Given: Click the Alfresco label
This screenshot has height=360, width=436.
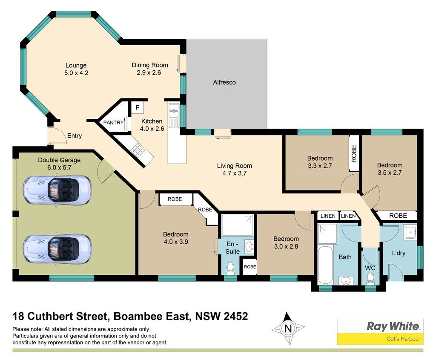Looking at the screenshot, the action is pos(224,82).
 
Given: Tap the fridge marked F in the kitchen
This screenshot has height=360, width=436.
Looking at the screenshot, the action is pos(138,107).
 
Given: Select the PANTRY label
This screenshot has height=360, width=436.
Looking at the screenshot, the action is pos(113,122).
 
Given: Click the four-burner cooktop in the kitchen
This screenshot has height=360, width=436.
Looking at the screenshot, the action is pos(138,150).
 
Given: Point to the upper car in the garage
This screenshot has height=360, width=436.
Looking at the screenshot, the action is pos(57,190).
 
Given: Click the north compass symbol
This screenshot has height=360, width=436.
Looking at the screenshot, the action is pos(288,328).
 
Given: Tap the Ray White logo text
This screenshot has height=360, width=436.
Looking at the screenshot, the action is pos(393,326).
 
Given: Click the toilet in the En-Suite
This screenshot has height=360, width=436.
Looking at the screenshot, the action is pos(230,268).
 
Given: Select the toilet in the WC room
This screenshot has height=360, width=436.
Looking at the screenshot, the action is pos(370,278).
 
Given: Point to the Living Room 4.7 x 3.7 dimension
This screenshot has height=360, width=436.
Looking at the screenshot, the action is pos(235,173).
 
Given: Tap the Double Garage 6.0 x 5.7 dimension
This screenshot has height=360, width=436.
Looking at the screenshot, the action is pos(59,167).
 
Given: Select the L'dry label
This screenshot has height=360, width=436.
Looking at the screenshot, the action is pos(399,253).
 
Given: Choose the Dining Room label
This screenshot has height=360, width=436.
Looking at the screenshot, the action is pos(150,65).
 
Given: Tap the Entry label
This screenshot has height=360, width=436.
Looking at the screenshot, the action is pos(75,136).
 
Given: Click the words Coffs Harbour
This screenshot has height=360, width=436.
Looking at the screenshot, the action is pos(403,339).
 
